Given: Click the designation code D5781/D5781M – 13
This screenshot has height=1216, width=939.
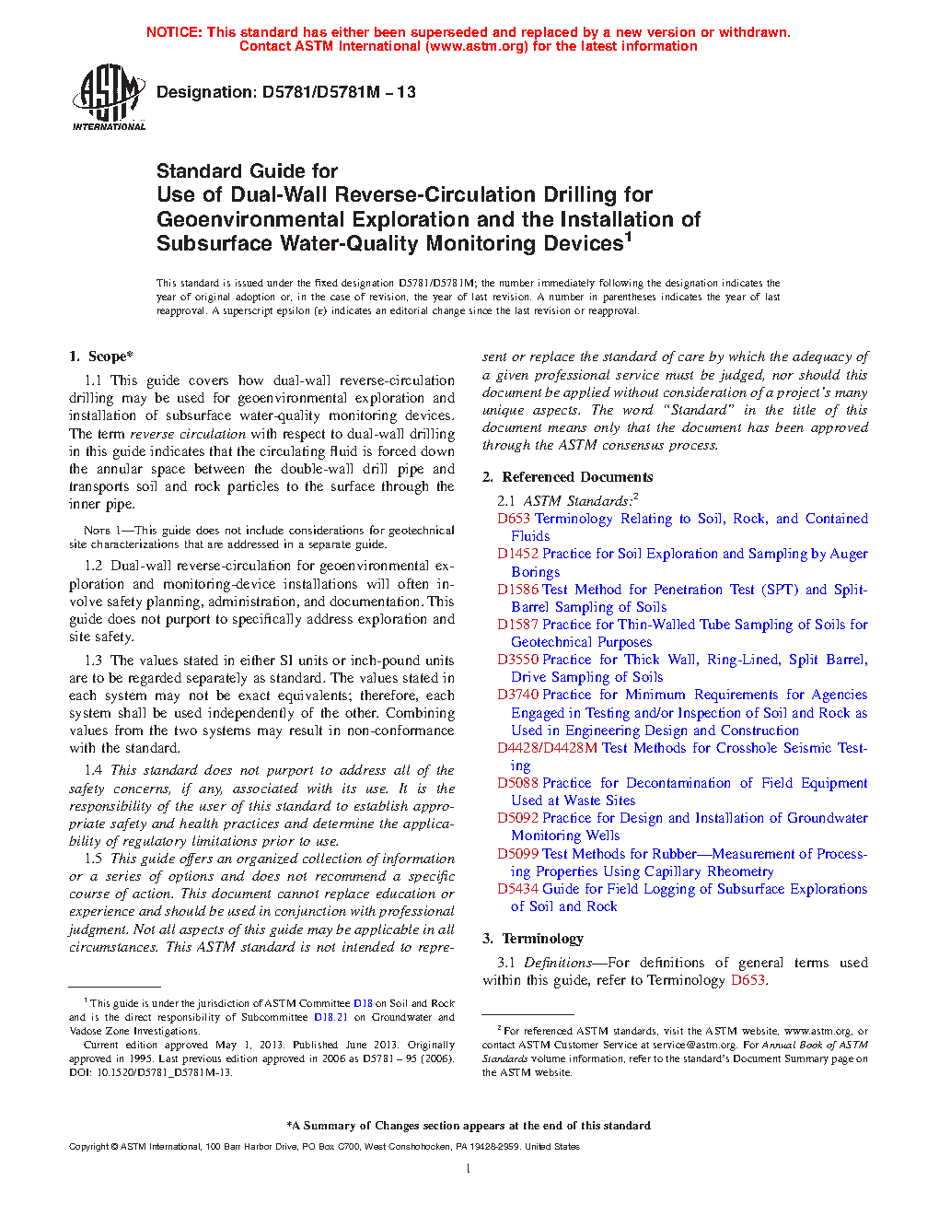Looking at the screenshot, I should tap(339, 92).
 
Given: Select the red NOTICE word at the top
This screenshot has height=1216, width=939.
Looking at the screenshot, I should tap(174, 32).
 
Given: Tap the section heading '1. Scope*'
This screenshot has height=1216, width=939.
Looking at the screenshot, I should tap(100, 357).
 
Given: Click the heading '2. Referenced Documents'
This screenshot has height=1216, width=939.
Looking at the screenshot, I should tap(567, 477).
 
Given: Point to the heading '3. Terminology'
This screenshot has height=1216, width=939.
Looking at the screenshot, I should tap(532, 939).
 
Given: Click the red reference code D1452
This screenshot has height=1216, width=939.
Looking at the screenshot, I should tap(517, 554).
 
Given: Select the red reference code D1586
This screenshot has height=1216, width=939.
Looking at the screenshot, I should tap(517, 590).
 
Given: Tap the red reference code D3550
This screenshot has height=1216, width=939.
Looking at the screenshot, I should tap(517, 660).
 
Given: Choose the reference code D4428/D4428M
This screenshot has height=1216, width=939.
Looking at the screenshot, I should tap(548, 748).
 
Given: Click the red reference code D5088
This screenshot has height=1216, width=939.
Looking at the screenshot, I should tap(517, 783).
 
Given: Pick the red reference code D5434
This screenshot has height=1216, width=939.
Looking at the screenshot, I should tap(517, 889).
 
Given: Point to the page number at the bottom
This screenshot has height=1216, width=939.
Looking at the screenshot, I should tap(469, 1169).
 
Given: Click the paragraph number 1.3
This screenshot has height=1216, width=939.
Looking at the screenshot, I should tap(93, 661).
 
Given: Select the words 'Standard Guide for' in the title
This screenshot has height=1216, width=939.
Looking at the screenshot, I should tap(247, 171).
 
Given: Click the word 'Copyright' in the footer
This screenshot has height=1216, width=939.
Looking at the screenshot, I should tap(89, 1147).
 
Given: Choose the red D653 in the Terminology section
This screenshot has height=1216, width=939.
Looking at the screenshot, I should tap(748, 980).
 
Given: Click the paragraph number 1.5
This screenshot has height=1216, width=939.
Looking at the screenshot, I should tap(93, 859).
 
